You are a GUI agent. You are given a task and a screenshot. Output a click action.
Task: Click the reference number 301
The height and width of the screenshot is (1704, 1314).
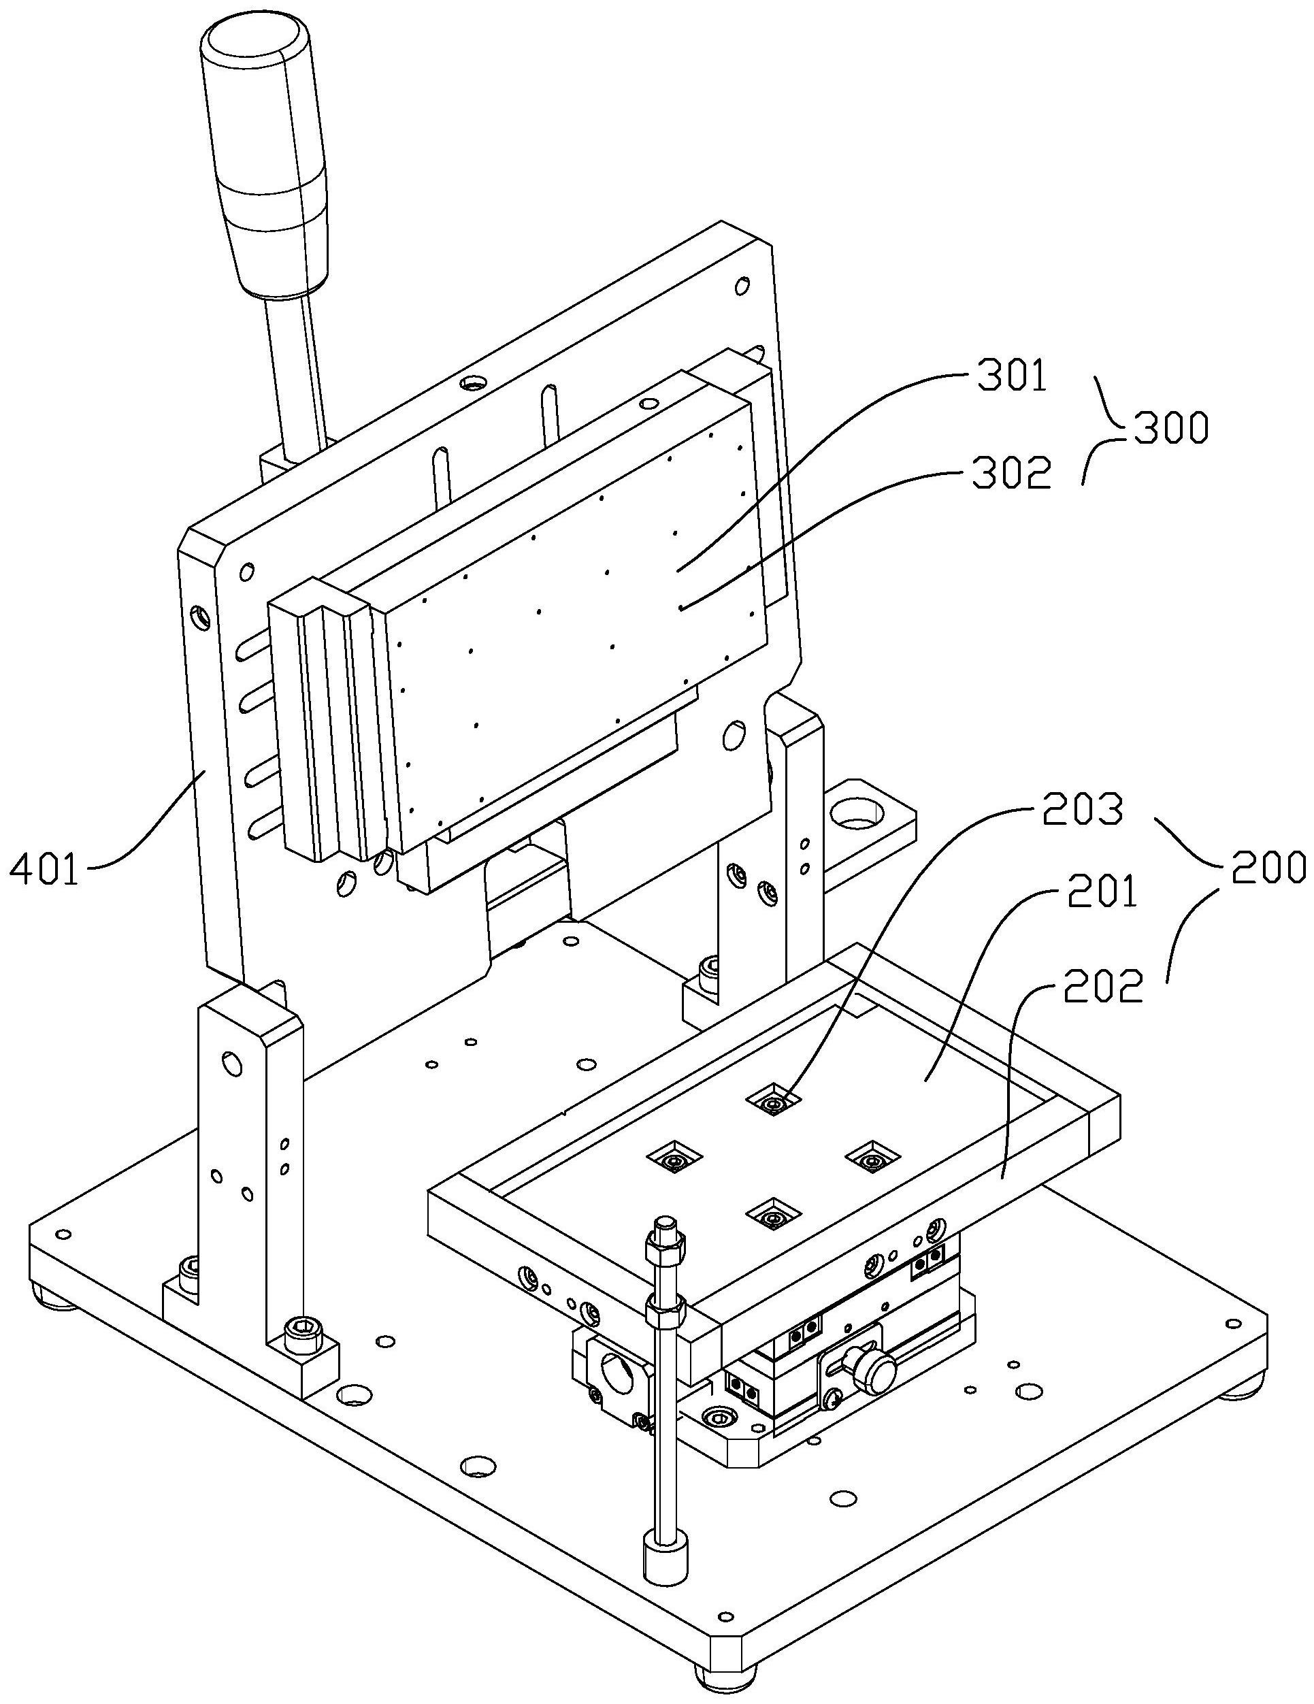point(1011,378)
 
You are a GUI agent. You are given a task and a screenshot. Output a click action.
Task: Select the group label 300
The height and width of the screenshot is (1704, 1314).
point(1170,427)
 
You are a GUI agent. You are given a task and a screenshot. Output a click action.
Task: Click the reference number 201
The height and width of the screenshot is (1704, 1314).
point(1102,893)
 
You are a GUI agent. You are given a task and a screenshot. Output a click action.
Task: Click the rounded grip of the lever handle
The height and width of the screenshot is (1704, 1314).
point(264,156)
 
